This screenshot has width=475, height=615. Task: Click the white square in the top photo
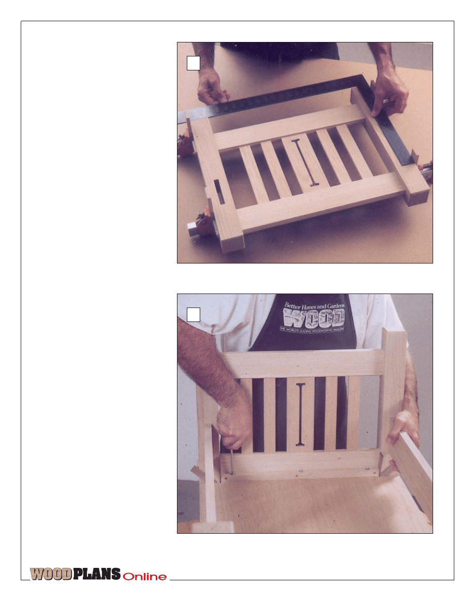193,63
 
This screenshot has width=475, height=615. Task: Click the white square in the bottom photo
193,315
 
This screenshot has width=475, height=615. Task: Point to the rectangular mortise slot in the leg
219,192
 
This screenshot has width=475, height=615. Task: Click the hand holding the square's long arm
212,87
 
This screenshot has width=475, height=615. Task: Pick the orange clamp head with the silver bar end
200,224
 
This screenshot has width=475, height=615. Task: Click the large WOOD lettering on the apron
314,318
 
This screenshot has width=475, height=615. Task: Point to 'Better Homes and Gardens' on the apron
315,305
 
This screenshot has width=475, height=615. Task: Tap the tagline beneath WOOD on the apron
312,329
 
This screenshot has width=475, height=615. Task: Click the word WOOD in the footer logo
51,574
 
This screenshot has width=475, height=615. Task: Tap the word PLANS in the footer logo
97,574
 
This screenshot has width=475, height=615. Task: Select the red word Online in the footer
144,577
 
